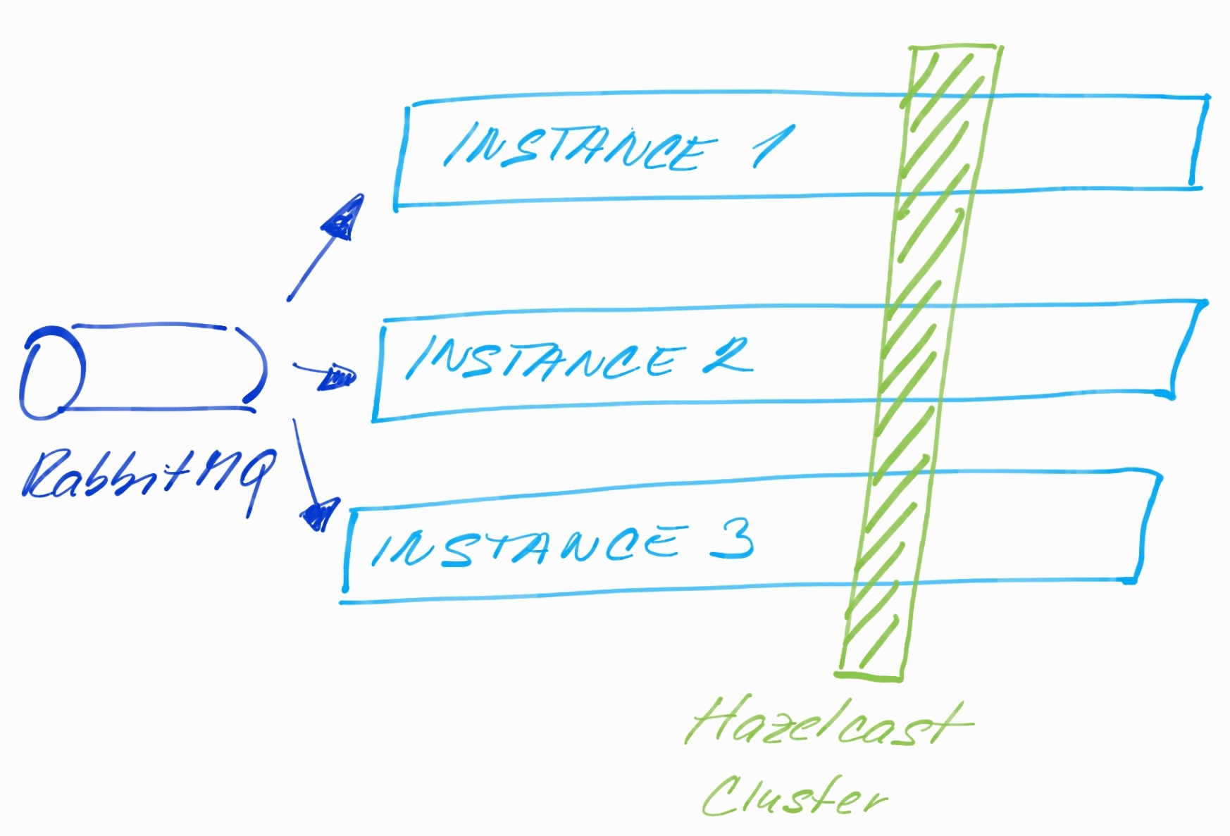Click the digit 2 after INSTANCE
coord(727,356)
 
